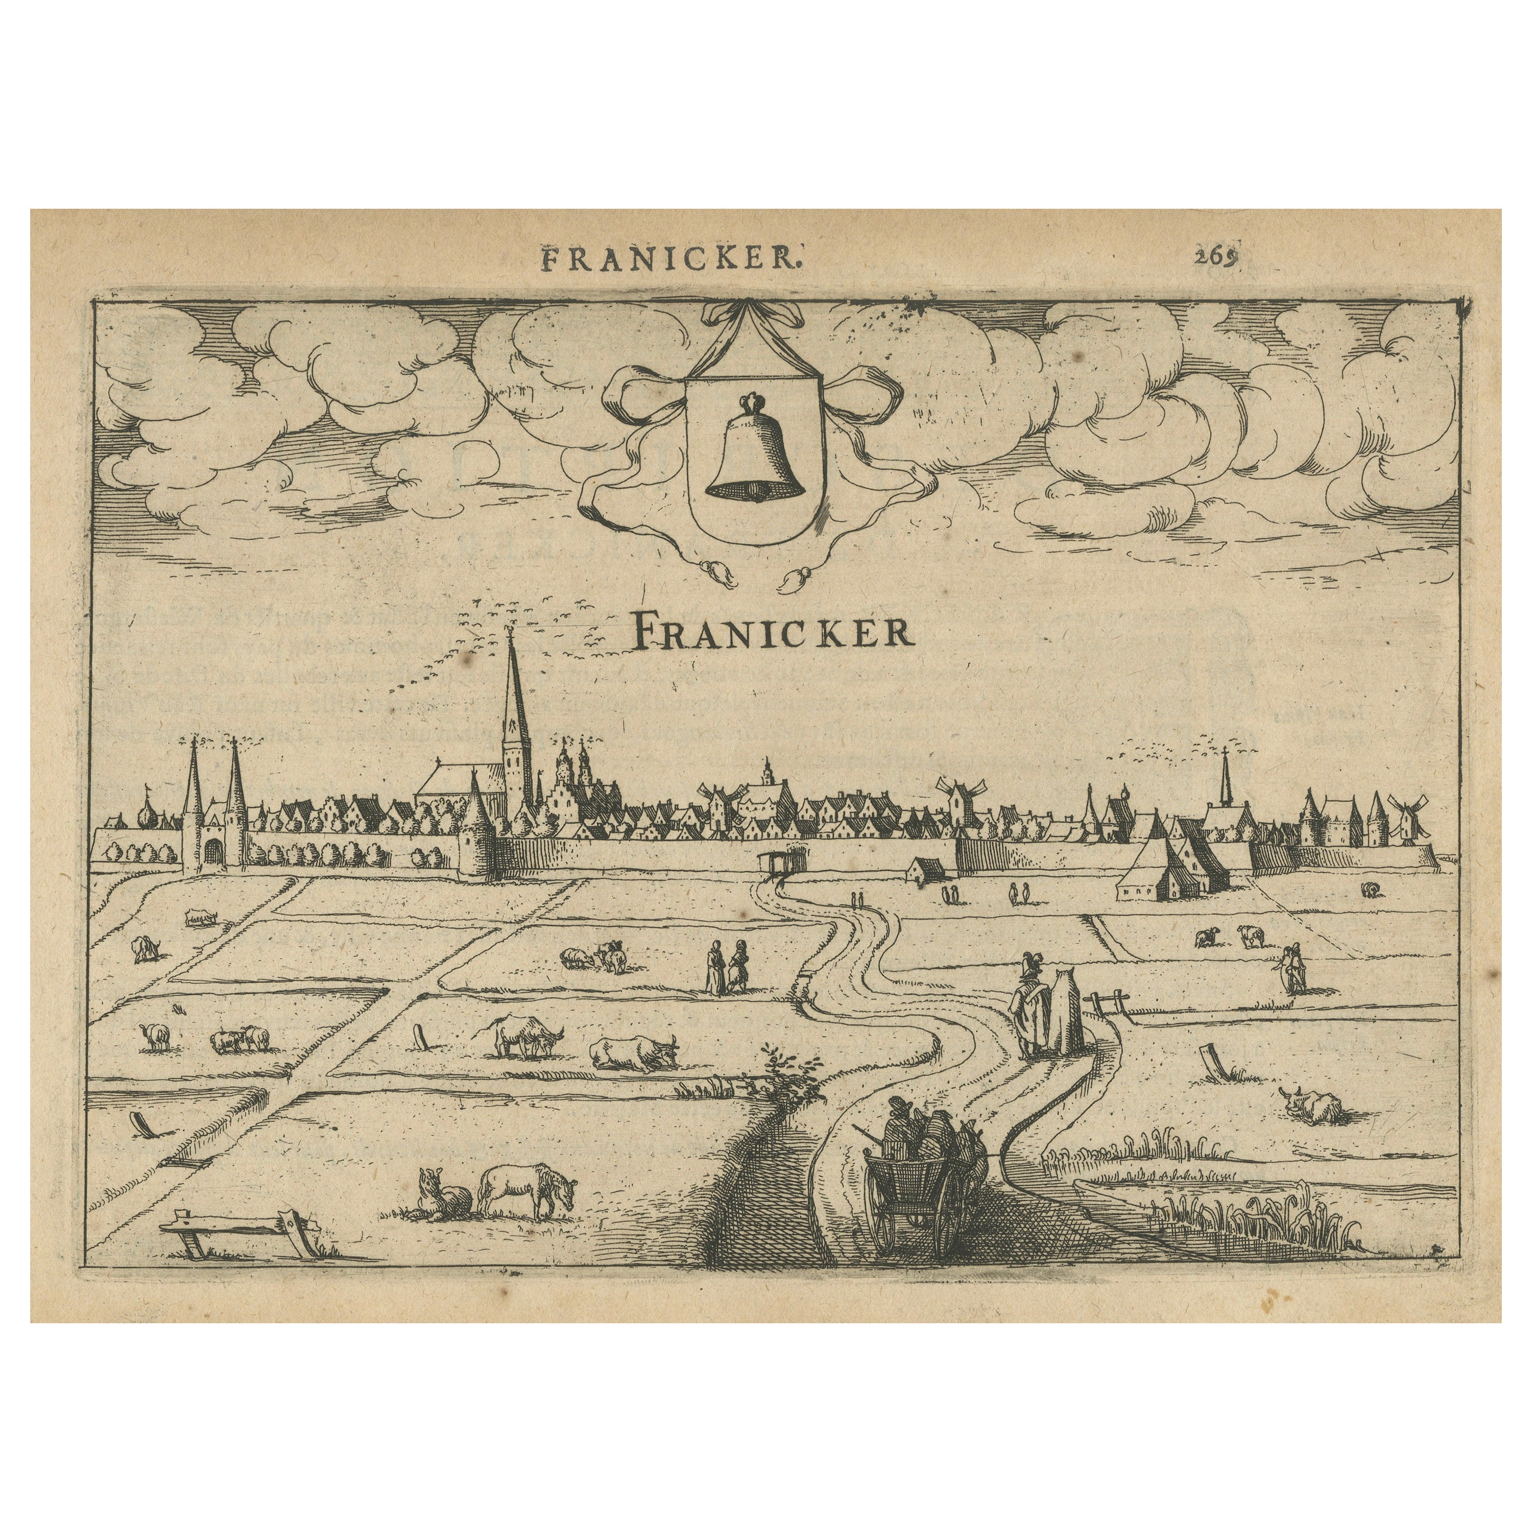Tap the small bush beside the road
(781, 1076)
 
